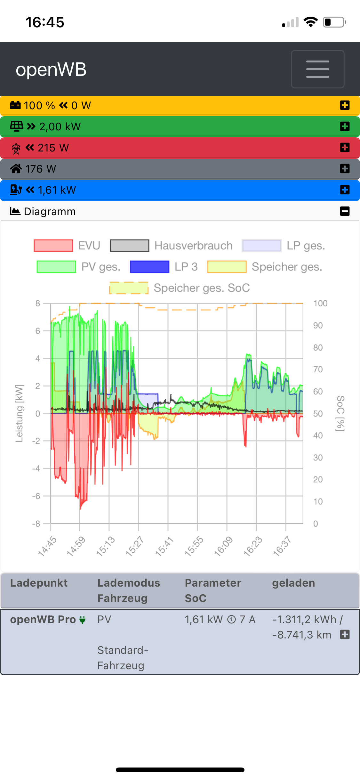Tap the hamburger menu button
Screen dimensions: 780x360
(x=317, y=69)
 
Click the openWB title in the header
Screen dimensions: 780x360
(x=51, y=69)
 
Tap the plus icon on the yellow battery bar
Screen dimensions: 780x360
(x=345, y=105)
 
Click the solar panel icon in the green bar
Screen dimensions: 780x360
(x=16, y=126)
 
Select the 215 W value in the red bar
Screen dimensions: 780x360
(x=53, y=148)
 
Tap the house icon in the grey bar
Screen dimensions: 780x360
(x=16, y=168)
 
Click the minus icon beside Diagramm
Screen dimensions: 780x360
(x=345, y=211)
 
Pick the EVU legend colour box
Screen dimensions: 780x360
(x=53, y=246)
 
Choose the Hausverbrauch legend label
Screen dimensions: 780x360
(x=193, y=246)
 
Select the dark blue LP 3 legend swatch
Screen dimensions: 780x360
(x=149, y=267)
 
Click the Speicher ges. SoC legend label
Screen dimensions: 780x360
(x=202, y=288)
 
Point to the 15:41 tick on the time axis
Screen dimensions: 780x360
(x=164, y=546)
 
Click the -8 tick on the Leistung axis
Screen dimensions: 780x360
(x=36, y=524)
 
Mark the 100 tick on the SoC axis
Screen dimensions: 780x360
(x=320, y=304)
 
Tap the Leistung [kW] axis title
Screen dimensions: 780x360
(x=19, y=413)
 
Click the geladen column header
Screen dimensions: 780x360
(x=293, y=583)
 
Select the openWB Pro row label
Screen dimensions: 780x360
(x=43, y=620)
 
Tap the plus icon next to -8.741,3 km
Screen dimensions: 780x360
(x=345, y=635)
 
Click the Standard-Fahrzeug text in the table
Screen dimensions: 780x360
(x=123, y=658)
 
